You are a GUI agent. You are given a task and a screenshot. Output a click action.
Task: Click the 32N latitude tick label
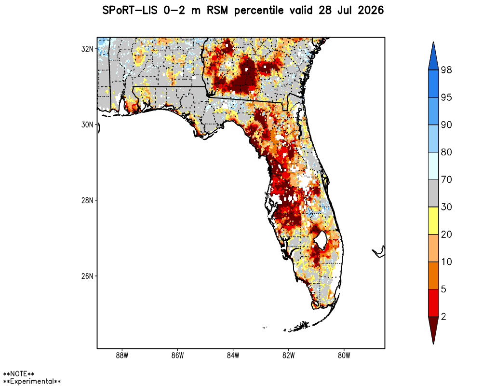click(87, 49)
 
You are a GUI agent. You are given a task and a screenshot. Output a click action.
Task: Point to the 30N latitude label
click(87, 124)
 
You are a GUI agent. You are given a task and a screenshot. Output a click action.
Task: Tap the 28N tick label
click(87, 200)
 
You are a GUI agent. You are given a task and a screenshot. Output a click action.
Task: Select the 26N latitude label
click(87, 276)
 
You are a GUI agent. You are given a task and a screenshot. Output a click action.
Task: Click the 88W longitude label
click(122, 356)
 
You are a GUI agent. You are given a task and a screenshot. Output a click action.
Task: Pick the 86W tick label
click(178, 356)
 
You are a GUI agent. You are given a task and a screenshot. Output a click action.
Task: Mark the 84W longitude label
click(233, 356)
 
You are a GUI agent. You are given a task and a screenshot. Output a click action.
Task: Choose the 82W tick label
click(289, 356)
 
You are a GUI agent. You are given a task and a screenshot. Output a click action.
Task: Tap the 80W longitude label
click(344, 356)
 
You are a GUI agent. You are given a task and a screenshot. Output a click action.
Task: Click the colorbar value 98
click(446, 70)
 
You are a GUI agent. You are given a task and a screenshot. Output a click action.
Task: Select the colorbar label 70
click(446, 179)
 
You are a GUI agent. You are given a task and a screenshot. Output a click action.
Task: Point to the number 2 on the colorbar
click(443, 317)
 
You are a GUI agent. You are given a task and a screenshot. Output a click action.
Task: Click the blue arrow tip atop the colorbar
click(433, 42)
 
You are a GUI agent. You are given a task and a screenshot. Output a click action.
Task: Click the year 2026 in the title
click(371, 10)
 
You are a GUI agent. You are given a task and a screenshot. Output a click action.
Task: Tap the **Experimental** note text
click(32, 382)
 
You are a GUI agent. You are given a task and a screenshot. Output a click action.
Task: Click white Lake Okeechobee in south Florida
click(321, 239)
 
